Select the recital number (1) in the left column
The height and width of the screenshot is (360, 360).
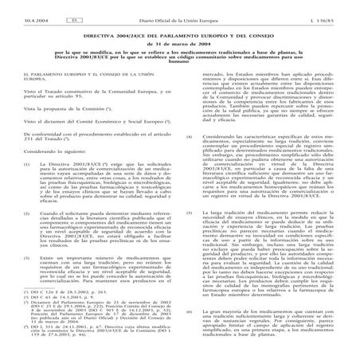tap(30, 162)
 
